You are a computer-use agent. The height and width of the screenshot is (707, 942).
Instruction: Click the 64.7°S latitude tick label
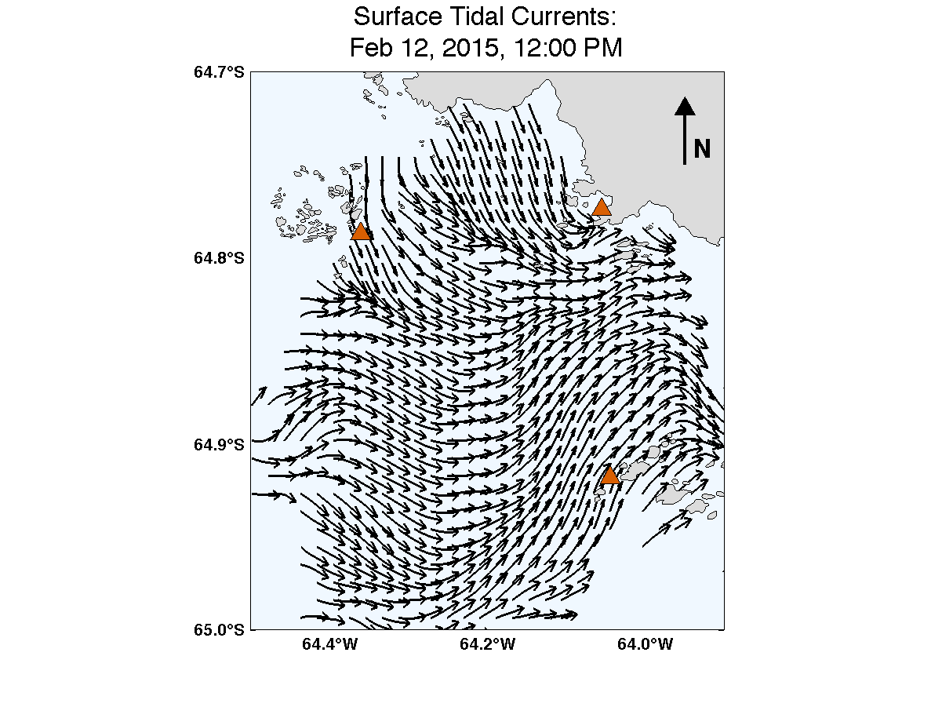[219, 72]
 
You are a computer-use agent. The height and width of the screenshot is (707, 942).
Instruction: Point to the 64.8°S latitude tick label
[219, 258]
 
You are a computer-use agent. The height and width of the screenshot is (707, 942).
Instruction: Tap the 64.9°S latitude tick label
[219, 444]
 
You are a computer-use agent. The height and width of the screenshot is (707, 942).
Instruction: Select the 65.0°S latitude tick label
[219, 629]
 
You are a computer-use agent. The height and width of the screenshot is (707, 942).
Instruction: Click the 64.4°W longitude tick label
[329, 646]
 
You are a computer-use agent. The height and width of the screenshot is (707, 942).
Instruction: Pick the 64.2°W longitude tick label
[487, 646]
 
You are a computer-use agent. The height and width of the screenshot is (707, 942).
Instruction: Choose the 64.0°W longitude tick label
[645, 646]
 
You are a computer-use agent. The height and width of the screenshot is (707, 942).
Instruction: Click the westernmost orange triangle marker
[361, 231]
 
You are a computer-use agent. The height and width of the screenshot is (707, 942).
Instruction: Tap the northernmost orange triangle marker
[602, 208]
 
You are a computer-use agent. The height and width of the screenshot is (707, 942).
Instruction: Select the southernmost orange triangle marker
[609, 476]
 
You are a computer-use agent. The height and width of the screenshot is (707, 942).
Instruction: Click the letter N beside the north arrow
[702, 148]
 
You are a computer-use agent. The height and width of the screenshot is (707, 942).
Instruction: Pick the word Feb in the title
[371, 48]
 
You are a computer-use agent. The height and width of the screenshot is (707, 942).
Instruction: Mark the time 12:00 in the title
[544, 48]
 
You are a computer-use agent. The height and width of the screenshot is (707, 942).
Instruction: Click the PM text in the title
[604, 48]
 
